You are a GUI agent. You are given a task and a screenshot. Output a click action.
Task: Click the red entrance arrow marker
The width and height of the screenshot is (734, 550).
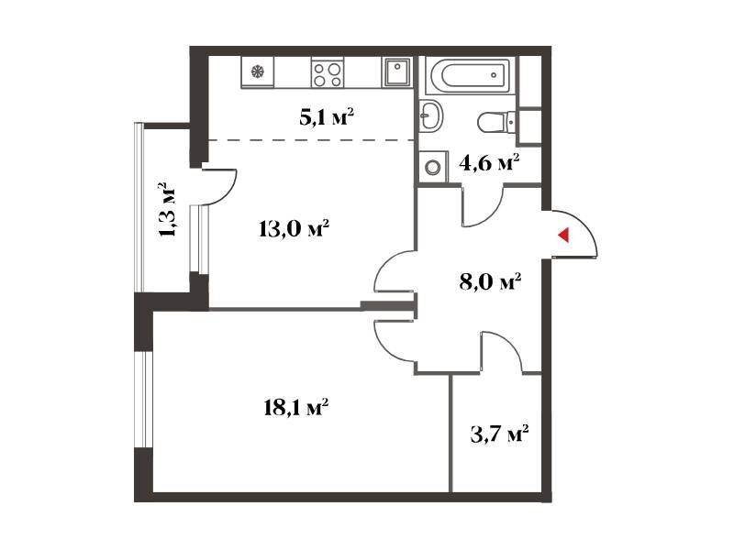(563, 235)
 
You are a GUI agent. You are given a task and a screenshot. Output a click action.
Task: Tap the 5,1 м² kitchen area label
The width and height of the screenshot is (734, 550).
(327, 117)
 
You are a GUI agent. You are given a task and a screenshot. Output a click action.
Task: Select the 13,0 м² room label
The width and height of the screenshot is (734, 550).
(295, 228)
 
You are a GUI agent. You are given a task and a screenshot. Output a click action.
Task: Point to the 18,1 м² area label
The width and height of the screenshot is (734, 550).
(295, 407)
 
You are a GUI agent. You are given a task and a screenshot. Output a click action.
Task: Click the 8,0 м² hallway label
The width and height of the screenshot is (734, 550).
(491, 282)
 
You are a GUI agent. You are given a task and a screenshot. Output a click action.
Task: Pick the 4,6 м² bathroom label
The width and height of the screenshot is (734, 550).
(489, 163)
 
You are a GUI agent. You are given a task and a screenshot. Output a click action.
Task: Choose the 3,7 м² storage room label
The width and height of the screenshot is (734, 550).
(499, 434)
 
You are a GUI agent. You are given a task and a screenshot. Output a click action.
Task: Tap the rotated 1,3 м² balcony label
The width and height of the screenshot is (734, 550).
(168, 210)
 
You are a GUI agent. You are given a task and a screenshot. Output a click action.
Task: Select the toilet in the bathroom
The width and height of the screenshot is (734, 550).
(496, 122)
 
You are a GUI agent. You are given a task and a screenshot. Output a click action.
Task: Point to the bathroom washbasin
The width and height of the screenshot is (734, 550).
(429, 115)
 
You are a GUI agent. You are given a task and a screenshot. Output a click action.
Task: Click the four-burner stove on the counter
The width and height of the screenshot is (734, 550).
(328, 73)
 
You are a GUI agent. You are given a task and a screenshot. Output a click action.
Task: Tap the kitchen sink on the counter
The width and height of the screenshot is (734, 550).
(396, 72)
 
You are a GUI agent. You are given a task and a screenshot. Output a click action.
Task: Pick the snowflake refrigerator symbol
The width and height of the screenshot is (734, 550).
(258, 71)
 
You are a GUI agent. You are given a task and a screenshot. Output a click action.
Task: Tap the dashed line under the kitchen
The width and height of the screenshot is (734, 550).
(311, 140)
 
